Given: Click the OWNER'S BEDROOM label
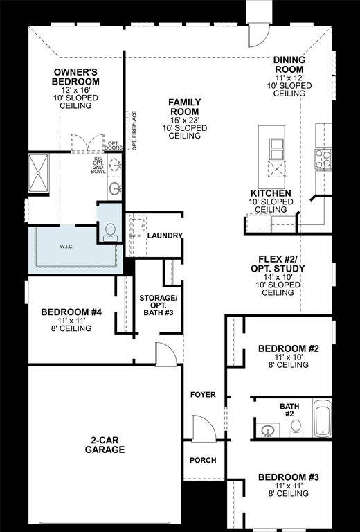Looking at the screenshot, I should click(76, 77).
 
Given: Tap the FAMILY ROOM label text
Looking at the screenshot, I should click(184, 107).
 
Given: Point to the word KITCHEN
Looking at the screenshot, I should click(271, 193).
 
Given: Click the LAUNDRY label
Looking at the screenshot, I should click(165, 236).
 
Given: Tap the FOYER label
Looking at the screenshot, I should click(203, 395).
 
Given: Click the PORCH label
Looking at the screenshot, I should click(203, 460).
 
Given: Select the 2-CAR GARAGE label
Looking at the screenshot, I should click(107, 444).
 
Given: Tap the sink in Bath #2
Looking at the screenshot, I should click(268, 431).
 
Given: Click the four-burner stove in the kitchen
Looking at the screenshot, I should click(322, 157).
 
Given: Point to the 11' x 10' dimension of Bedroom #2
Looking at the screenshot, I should click(288, 357).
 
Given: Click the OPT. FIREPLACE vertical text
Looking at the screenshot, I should click(135, 130).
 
